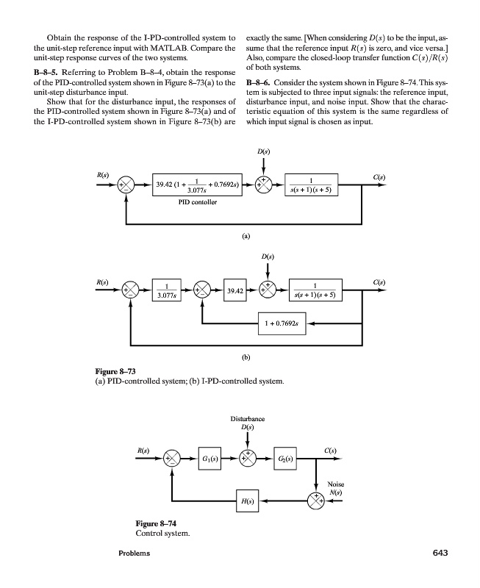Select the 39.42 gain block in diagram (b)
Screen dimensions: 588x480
235,291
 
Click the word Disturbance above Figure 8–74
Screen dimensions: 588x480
248,420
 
